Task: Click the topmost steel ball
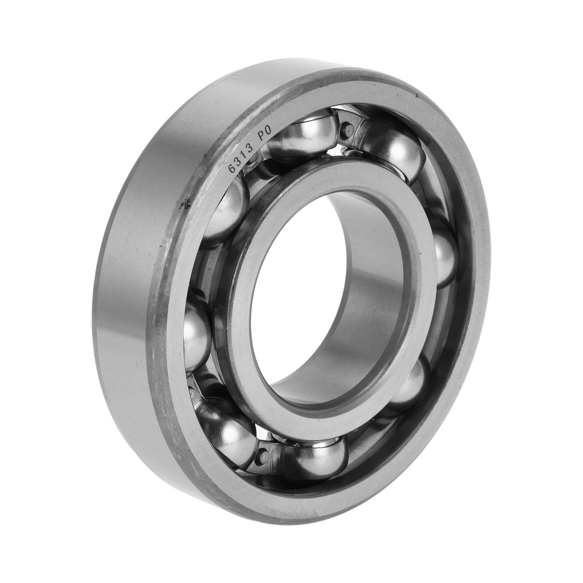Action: pos(305,134)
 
